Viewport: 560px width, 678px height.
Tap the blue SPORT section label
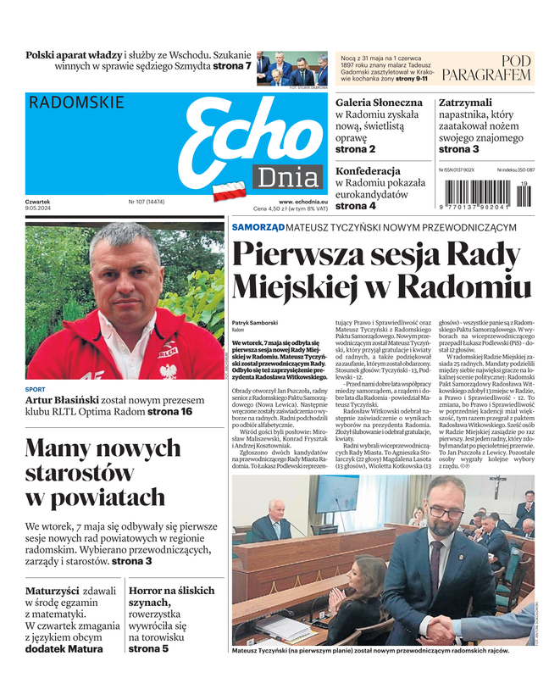36,389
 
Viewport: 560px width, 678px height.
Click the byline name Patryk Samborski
255,323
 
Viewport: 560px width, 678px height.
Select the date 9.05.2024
40,208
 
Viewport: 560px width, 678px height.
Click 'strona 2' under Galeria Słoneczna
355,149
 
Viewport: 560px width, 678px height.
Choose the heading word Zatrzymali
465,103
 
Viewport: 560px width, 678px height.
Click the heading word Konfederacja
368,170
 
